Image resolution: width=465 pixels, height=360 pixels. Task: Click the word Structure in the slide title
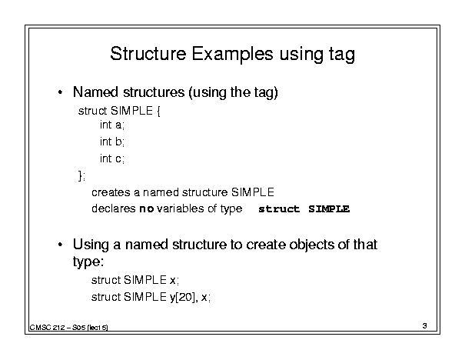pyautogui.click(x=148, y=54)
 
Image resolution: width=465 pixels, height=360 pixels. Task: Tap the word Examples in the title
pyautogui.click(x=232, y=55)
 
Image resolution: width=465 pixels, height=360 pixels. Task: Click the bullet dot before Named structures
pyautogui.click(x=60, y=92)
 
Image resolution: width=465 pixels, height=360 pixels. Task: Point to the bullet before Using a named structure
pyautogui.click(x=60, y=245)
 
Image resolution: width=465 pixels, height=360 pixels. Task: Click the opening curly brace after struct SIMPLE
pyautogui.click(x=158, y=112)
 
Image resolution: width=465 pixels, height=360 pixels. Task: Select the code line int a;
pyautogui.click(x=112, y=125)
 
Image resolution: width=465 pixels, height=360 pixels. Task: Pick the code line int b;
pyautogui.click(x=112, y=142)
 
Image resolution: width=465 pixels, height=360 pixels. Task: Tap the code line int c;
pyautogui.click(x=112, y=158)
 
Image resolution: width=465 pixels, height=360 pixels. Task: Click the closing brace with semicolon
pyautogui.click(x=81, y=175)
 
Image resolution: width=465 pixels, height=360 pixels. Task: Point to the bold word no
pyautogui.click(x=147, y=209)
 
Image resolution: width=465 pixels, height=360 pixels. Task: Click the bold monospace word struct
pyautogui.click(x=279, y=209)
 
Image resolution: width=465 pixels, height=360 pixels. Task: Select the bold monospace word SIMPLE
pyautogui.click(x=329, y=209)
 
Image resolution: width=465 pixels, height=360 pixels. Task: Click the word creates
pyautogui.click(x=111, y=192)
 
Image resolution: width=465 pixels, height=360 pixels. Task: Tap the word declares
pyautogui.click(x=114, y=208)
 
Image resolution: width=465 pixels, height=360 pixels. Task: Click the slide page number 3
pyautogui.click(x=425, y=325)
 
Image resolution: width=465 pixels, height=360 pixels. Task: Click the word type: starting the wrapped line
pyautogui.click(x=88, y=262)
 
